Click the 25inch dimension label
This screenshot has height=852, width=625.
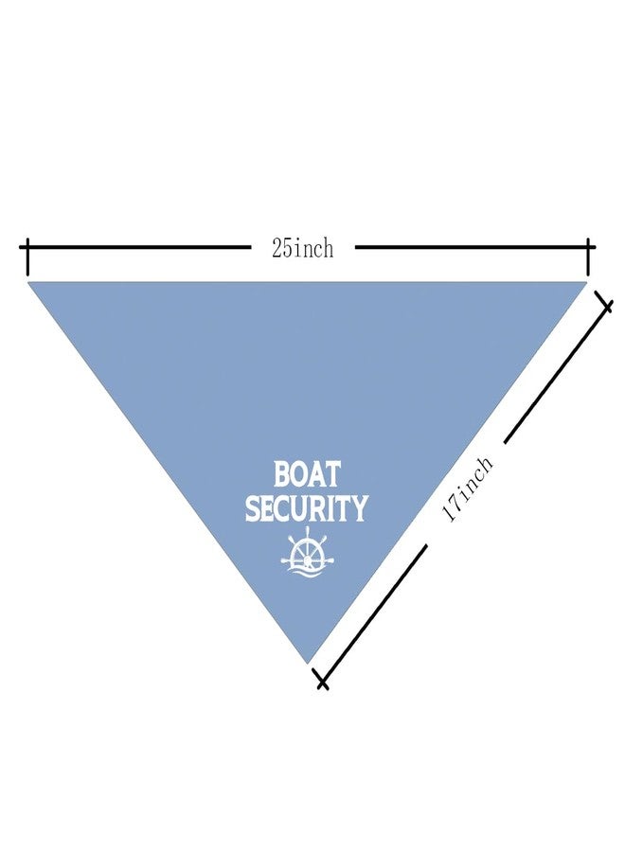click(303, 249)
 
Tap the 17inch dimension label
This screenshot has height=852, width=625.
click(468, 489)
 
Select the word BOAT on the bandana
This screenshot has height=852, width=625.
click(307, 474)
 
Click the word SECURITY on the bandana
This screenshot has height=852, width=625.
click(307, 507)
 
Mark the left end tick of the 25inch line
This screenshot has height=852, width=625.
click(27, 257)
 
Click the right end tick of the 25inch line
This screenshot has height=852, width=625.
click(588, 257)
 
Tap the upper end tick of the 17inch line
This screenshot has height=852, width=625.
click(604, 302)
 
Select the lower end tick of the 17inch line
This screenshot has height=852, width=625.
click(321, 679)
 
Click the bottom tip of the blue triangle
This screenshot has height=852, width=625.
click(308, 663)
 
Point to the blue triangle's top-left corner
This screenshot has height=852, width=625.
click(28, 282)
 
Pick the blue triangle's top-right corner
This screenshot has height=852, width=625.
click(587, 282)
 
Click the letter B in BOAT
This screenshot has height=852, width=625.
click(282, 474)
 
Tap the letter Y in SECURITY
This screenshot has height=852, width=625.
click(359, 507)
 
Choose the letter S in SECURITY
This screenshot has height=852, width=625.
click(253, 508)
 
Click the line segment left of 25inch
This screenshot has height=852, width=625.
click(138, 247)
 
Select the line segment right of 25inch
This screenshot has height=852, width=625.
click(472, 247)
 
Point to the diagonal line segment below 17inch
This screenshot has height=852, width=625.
click(373, 612)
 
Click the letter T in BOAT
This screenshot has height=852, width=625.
click(332, 474)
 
